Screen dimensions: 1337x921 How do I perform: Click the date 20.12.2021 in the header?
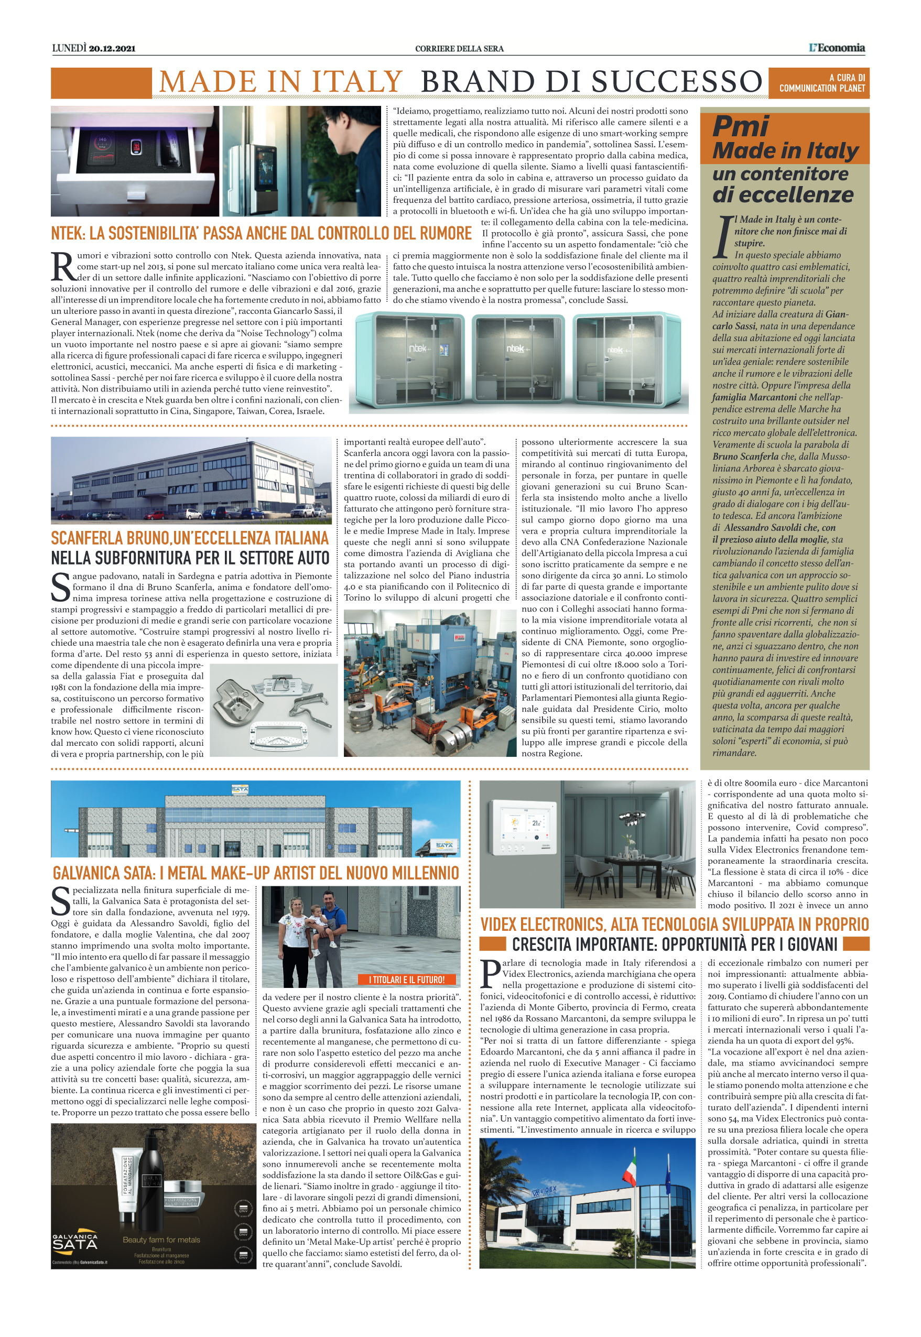coord(112,48)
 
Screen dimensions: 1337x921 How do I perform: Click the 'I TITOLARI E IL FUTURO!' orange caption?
coord(406,979)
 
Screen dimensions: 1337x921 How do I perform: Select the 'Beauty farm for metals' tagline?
coord(161,1240)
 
